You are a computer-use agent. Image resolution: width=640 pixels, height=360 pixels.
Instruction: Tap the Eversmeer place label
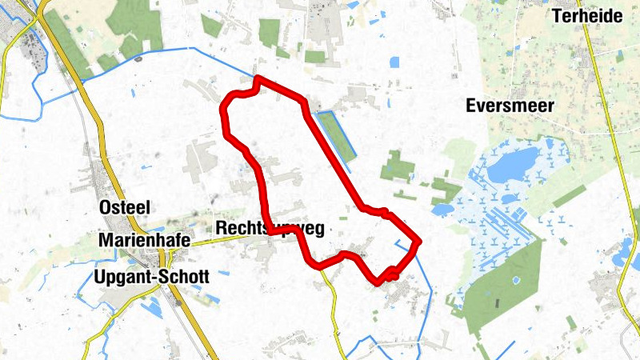(510, 106)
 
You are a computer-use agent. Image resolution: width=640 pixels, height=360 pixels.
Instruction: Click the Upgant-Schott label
(151, 278)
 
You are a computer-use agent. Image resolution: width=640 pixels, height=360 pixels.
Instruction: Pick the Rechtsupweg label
(270, 230)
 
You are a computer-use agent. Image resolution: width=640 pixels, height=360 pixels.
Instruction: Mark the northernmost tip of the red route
(258, 79)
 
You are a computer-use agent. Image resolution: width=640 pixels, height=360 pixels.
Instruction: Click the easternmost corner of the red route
(418, 239)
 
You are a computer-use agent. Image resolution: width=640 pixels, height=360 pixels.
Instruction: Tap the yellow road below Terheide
(610, 120)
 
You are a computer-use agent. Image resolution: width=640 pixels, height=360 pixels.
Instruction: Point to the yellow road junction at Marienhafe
(166, 258)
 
